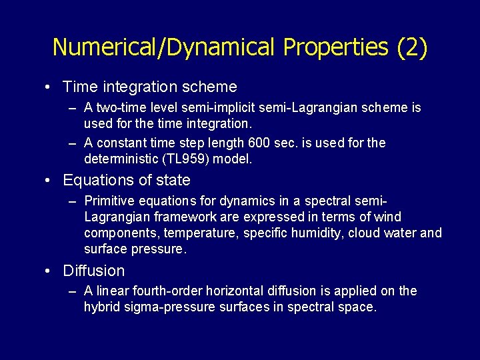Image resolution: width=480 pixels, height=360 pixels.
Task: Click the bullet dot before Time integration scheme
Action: tap(51, 87)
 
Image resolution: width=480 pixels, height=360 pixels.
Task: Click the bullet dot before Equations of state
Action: tap(51, 181)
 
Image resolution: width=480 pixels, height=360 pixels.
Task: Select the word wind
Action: tap(388, 217)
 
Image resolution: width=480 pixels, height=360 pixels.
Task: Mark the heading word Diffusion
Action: tap(93, 271)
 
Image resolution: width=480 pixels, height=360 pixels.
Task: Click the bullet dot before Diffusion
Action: tap(51, 271)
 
